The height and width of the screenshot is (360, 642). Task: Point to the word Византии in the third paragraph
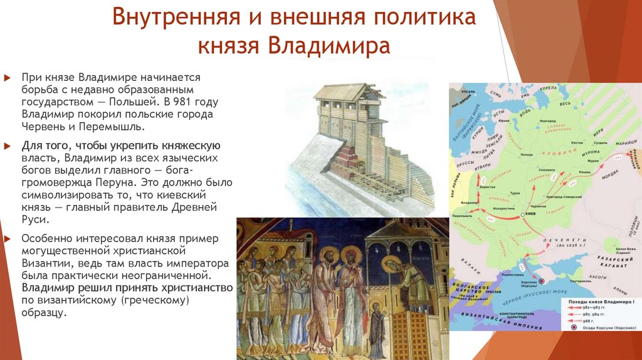click(43, 262)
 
